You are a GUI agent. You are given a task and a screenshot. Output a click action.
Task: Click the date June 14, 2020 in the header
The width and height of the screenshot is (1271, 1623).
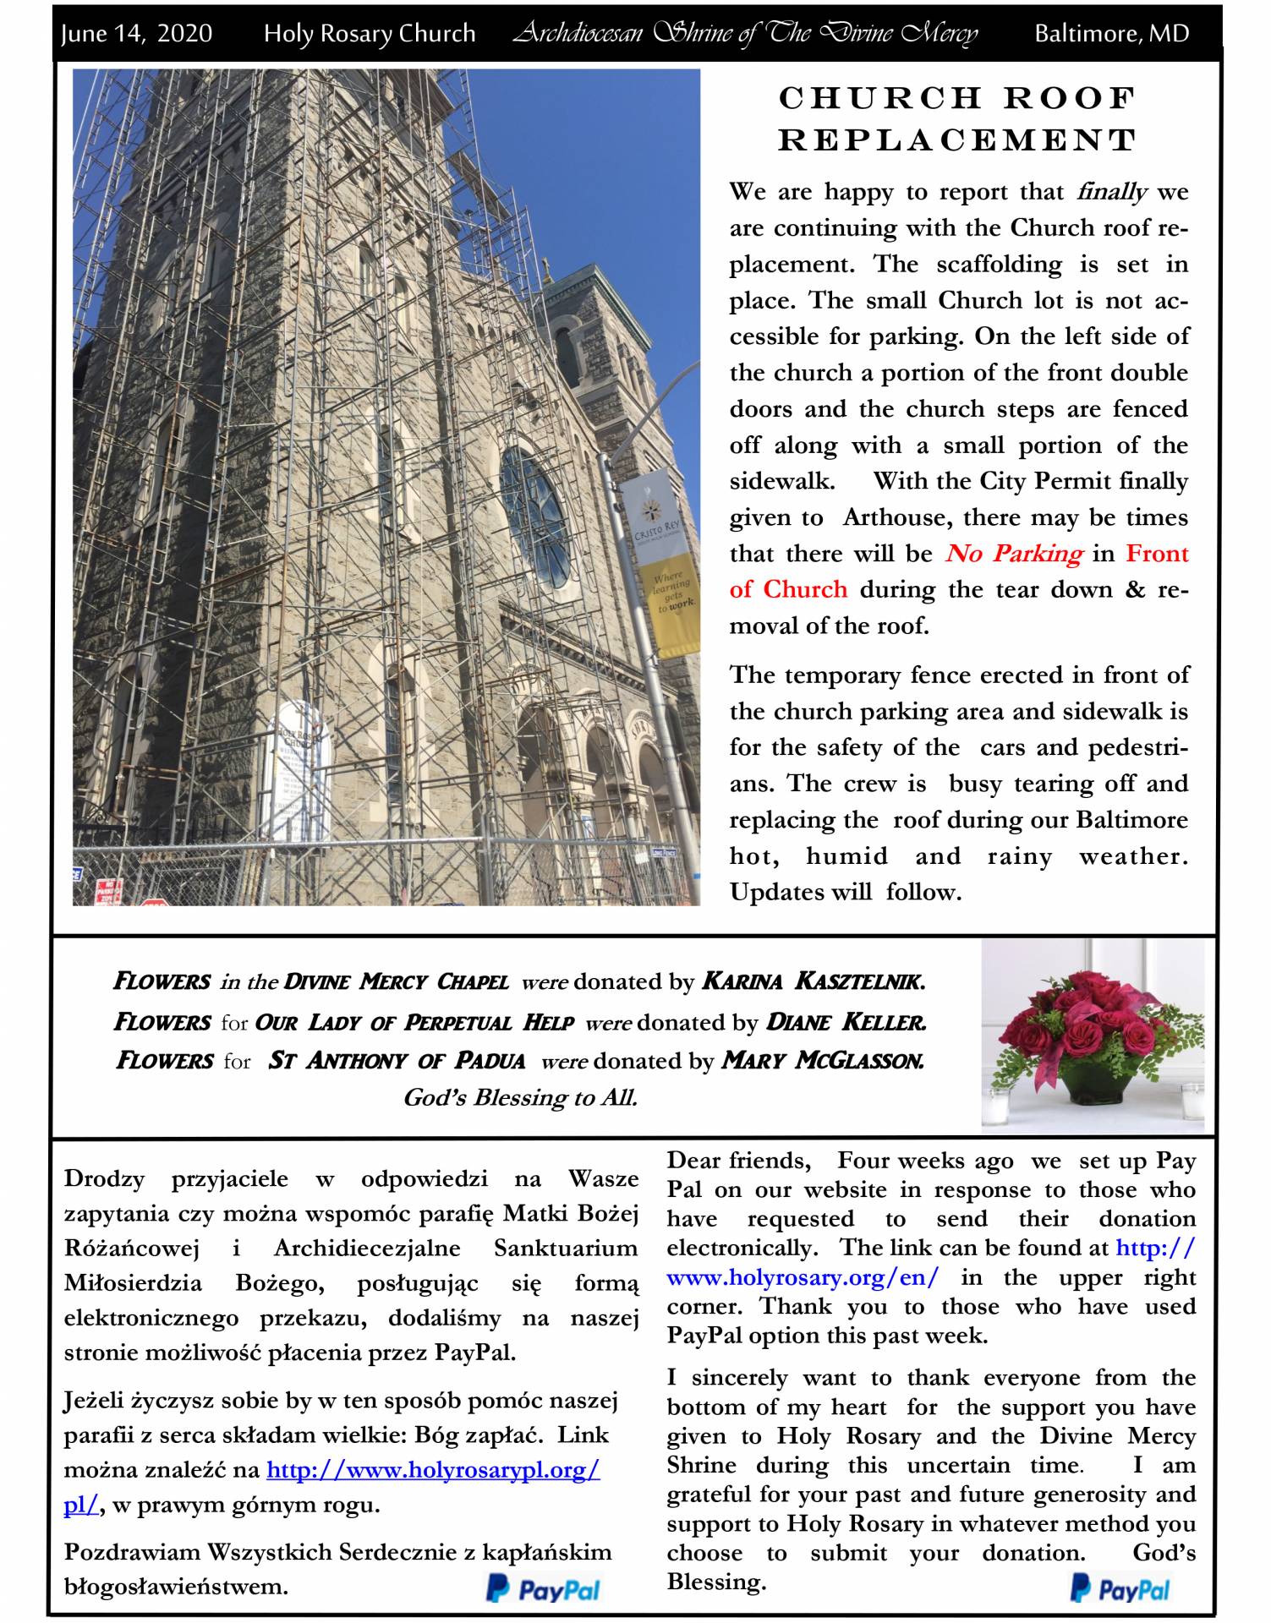136,34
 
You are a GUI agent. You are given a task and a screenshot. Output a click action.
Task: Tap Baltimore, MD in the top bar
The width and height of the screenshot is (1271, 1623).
1111,34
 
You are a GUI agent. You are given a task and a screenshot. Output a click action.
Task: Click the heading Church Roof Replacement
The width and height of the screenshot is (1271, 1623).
957,119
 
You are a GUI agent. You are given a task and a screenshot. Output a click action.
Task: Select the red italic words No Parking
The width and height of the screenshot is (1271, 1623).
1013,554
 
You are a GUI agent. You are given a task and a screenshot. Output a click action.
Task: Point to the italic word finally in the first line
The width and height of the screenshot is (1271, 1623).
1111,192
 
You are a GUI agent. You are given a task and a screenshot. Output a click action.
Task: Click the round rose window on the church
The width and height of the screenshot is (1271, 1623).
536,516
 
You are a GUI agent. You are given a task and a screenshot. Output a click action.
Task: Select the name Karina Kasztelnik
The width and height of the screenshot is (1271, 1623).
813,981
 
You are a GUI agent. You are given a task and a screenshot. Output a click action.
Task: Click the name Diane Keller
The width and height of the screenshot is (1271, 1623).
845,1022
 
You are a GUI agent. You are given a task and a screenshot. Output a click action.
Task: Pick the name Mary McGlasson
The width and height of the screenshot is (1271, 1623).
822,1060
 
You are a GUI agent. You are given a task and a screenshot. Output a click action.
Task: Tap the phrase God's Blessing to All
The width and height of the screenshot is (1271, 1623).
520,1097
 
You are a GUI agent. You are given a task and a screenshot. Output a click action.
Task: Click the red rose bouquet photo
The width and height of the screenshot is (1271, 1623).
1093,1036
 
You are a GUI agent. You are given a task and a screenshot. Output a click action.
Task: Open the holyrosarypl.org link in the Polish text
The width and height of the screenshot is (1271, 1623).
433,1470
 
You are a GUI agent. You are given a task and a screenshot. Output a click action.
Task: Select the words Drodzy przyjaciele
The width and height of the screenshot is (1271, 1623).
175,1178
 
